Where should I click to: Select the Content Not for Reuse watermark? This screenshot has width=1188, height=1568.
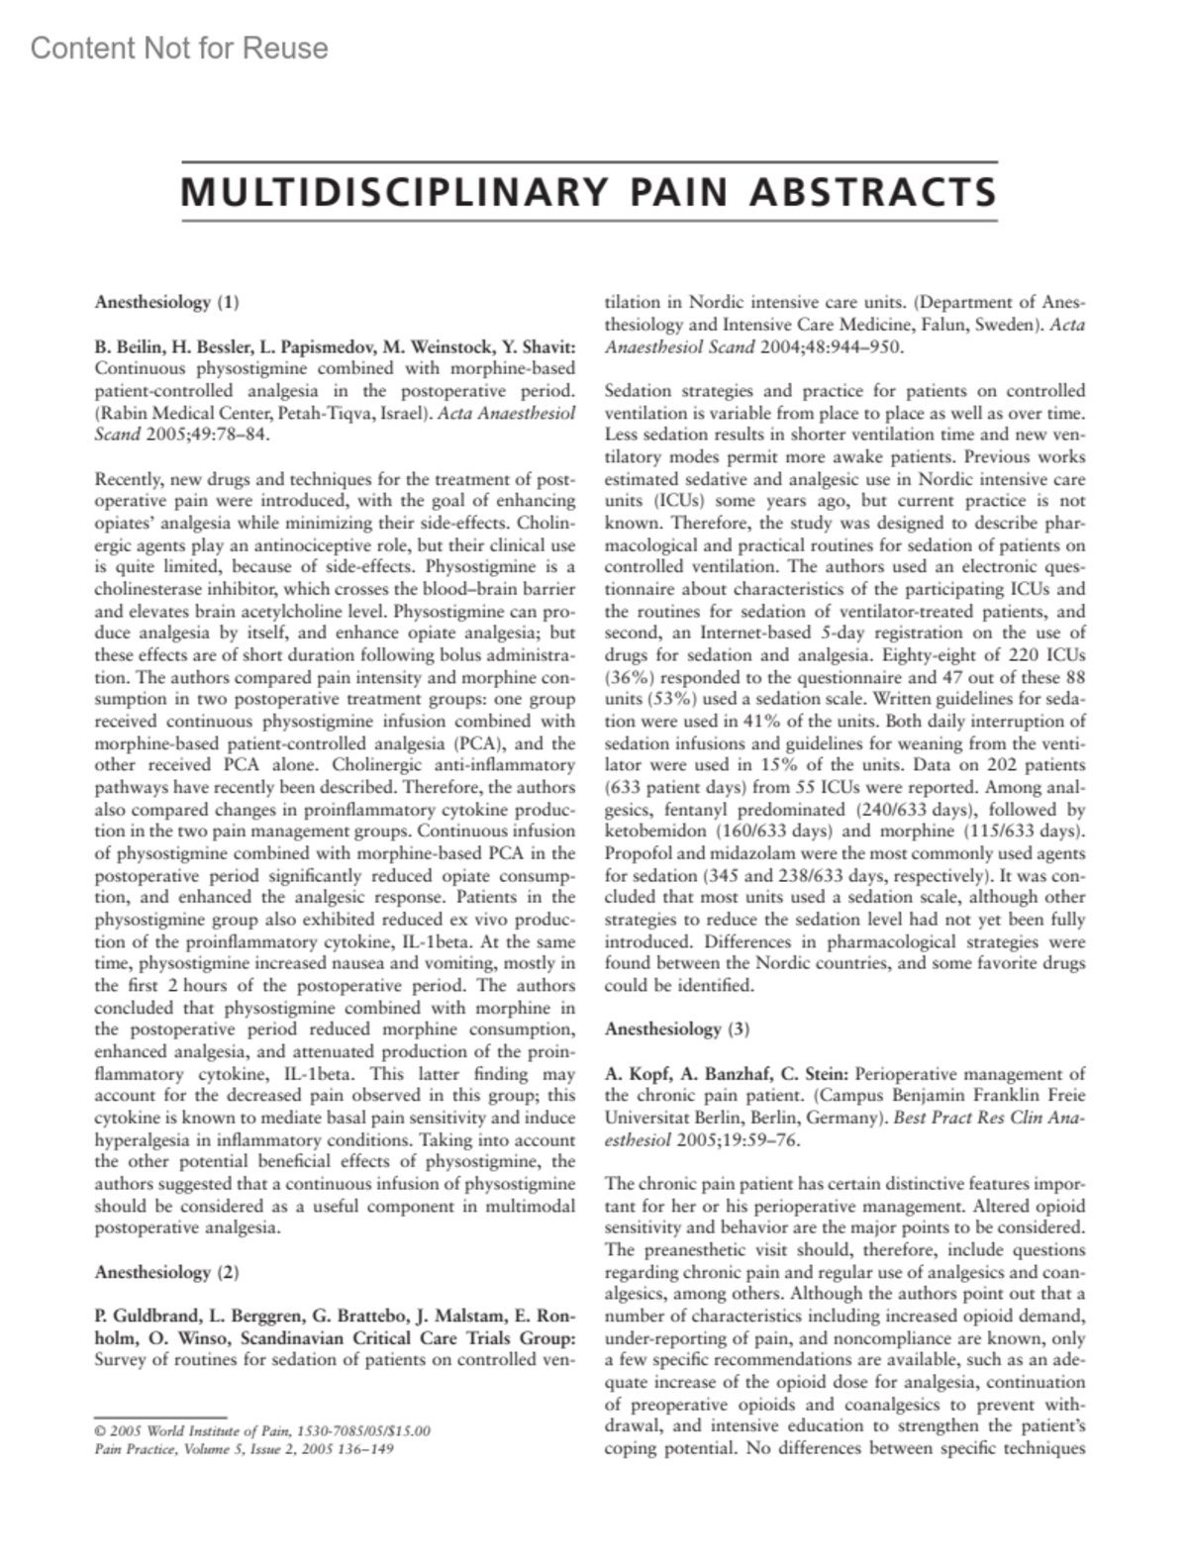pos(179,49)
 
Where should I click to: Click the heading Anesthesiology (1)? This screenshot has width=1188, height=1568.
pos(166,302)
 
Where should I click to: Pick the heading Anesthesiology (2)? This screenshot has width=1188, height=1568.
pos(166,1272)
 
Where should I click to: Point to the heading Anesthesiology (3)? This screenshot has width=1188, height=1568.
pos(677,1029)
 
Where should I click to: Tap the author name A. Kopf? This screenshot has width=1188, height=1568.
pos(635,1073)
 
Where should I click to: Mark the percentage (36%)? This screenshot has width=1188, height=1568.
pos(629,678)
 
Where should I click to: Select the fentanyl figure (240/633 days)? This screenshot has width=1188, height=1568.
pos(908,810)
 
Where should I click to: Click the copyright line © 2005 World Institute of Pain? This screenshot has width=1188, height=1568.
pos(262,1430)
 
